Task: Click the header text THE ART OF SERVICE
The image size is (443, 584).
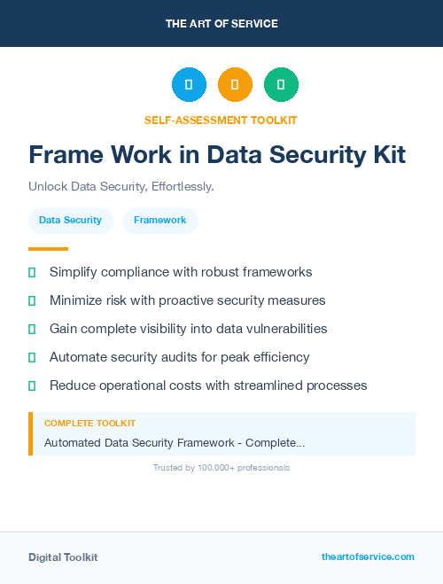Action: coord(221,24)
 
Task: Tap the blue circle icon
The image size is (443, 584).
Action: coord(189,84)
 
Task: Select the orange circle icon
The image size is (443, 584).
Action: coord(235,84)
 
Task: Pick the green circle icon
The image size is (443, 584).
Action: coord(281,84)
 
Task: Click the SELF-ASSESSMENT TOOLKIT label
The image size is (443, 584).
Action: coord(221,120)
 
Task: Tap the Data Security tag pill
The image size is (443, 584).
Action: coord(70,220)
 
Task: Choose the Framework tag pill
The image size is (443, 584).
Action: coord(160,220)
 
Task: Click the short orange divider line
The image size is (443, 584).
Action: coord(48,249)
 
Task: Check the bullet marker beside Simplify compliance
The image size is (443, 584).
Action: coord(32,272)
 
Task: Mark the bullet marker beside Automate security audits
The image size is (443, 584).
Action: coord(32,357)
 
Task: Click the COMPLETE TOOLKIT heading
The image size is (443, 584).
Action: coord(89,424)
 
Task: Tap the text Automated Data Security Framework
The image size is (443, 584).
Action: coord(142,442)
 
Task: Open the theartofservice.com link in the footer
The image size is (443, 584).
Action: coord(368,557)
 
